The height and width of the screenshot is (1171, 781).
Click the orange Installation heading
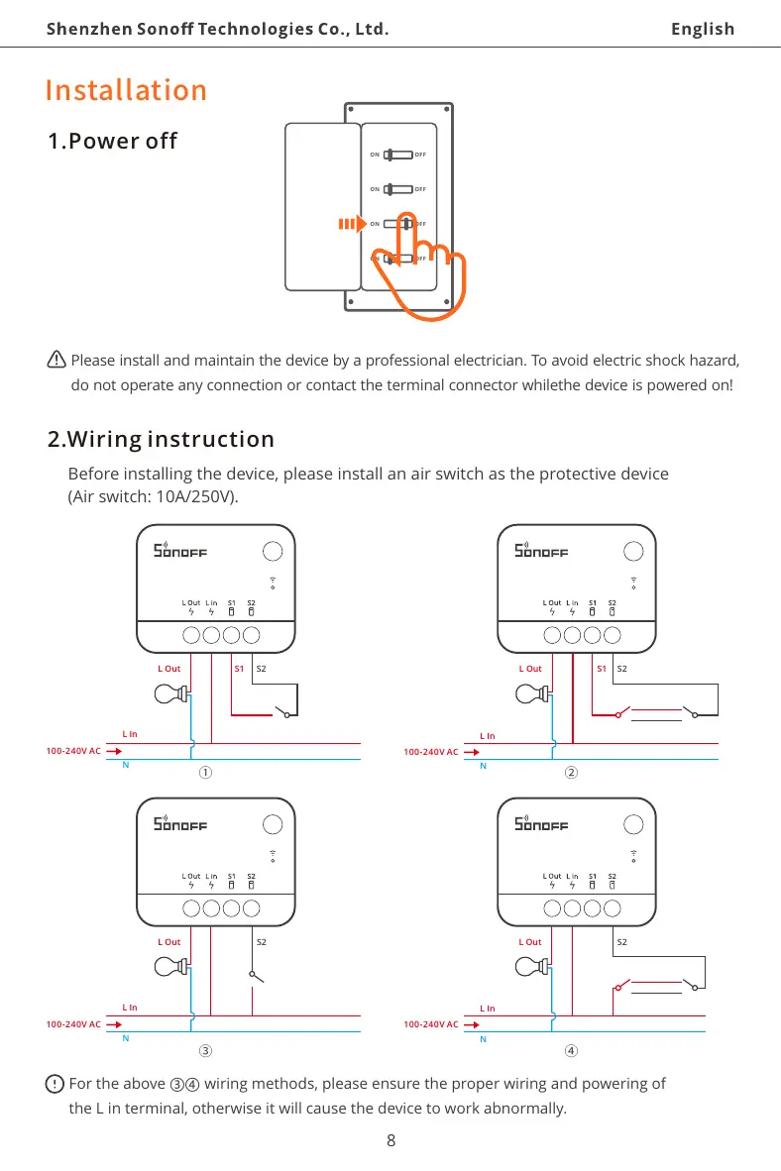coord(126,90)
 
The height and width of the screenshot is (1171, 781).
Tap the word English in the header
coord(703,29)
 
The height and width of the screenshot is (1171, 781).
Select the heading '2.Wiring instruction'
coord(162,439)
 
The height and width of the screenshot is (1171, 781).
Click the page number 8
coord(390,1140)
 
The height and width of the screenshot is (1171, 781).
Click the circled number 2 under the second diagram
coord(571,774)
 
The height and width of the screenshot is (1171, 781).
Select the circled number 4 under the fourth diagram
coord(571,1049)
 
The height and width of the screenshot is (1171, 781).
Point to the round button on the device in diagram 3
coord(272,823)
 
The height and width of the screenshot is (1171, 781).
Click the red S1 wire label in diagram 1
coord(239,669)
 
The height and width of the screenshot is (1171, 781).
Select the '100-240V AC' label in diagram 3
coord(72,1023)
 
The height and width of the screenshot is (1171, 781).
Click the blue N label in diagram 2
coord(483,765)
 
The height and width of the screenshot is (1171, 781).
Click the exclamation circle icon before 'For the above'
coord(56,1084)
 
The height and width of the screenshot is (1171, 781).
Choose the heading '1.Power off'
coord(113,141)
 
